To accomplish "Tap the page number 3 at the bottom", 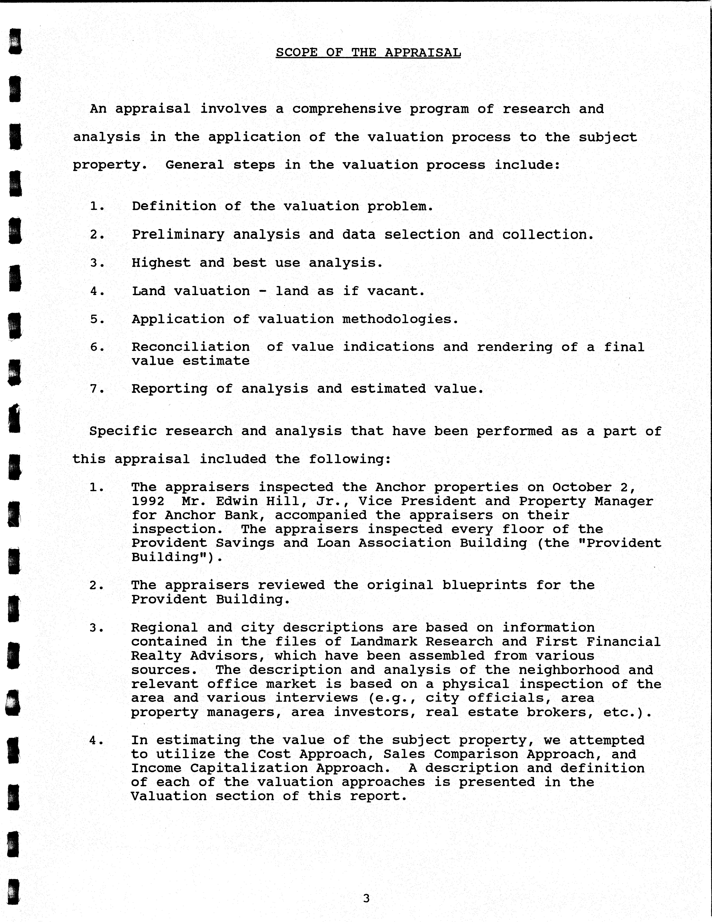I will [x=366, y=898].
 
